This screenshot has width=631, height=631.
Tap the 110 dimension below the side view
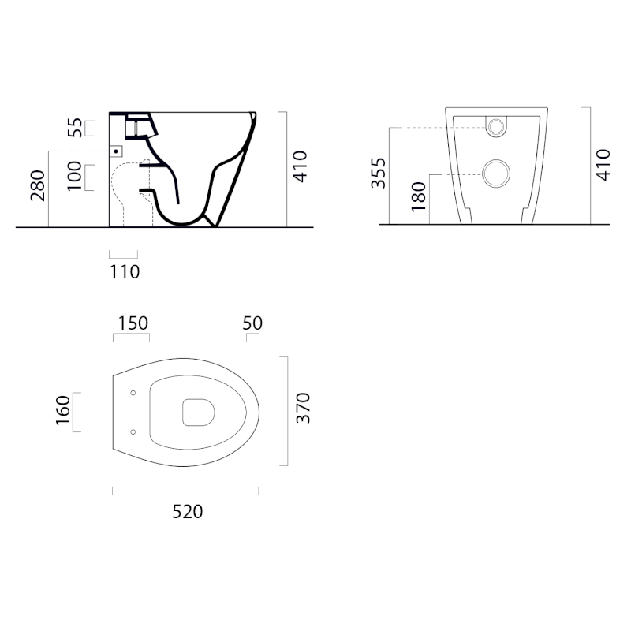pos(125,272)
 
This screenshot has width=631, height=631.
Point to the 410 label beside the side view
pos(299,166)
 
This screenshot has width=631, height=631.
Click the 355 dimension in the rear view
pos(379,172)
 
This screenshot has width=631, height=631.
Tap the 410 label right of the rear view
pos(603,165)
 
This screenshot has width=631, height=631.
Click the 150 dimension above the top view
pos(133,323)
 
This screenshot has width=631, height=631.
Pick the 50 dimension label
pos(252,323)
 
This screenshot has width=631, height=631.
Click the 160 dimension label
pos(64,411)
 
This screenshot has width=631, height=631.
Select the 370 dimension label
pos(303,409)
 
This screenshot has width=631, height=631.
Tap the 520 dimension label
pos(188,511)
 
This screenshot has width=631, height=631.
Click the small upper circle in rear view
pos(497,126)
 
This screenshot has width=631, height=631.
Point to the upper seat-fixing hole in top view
pos(133,393)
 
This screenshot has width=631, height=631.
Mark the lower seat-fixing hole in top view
pos(133,431)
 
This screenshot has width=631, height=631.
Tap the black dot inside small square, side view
pos(116,149)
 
